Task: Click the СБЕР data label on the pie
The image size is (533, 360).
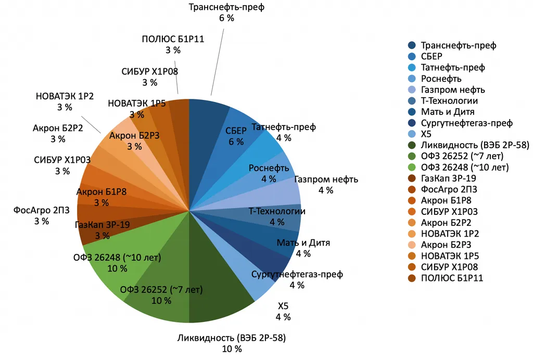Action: coord(236,136)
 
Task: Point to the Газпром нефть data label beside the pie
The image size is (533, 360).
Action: coord(326,185)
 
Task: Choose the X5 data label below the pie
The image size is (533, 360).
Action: coord(283,312)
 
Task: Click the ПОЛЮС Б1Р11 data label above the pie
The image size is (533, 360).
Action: coord(173,45)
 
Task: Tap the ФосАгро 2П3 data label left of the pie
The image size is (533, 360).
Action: coord(42,216)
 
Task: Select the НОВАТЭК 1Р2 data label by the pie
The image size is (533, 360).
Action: coord(65,101)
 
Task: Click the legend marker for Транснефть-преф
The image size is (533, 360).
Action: coord(412,45)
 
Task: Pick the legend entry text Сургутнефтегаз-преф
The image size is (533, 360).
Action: coord(467,123)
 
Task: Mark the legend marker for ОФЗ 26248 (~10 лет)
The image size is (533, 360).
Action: coord(412,167)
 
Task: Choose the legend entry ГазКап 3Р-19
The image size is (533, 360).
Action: coord(448,178)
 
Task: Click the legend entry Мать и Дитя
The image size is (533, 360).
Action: coord(448,112)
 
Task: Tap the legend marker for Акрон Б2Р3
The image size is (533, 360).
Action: coord(412,245)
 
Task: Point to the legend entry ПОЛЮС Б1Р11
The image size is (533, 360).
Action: coord(452,278)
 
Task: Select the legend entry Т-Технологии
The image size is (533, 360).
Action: coord(449,101)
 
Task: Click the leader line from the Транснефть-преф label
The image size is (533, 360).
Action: coord(218,62)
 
